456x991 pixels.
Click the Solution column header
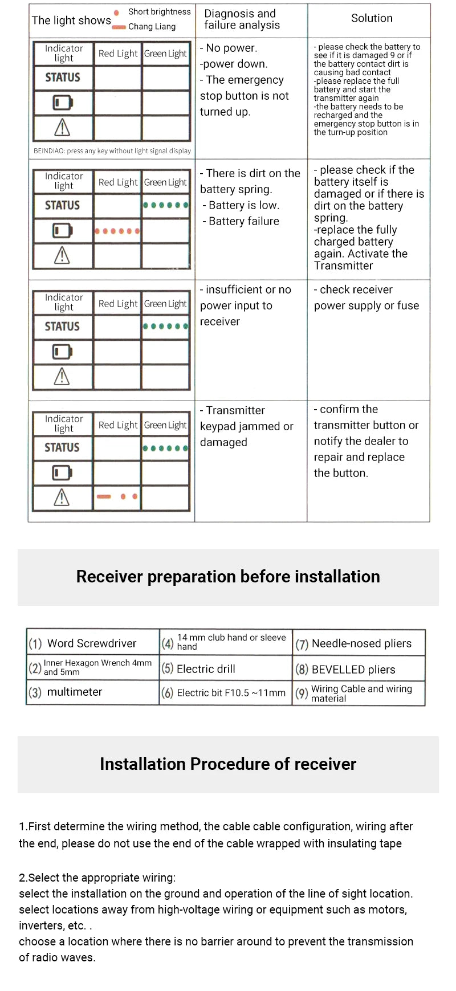(x=372, y=18)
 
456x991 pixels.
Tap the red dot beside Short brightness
(x=116, y=13)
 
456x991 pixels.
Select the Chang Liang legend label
(x=152, y=26)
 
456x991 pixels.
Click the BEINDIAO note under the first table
(x=112, y=151)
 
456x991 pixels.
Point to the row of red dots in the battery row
(x=117, y=231)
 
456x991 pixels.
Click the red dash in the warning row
(x=104, y=497)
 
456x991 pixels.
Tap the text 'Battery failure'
(x=244, y=221)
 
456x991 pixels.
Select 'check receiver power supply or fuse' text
(x=366, y=297)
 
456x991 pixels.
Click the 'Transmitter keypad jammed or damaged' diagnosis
(x=246, y=426)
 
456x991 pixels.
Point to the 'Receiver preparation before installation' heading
(x=228, y=577)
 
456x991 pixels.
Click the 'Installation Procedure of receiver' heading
(x=228, y=764)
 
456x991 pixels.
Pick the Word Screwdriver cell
(x=92, y=643)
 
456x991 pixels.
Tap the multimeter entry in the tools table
(x=75, y=692)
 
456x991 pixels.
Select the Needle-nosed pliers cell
(x=361, y=643)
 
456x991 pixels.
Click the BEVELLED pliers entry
(x=353, y=670)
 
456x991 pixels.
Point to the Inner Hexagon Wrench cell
(x=97, y=667)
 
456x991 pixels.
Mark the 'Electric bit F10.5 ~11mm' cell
(x=231, y=693)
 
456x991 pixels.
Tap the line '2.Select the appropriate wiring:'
(x=97, y=878)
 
